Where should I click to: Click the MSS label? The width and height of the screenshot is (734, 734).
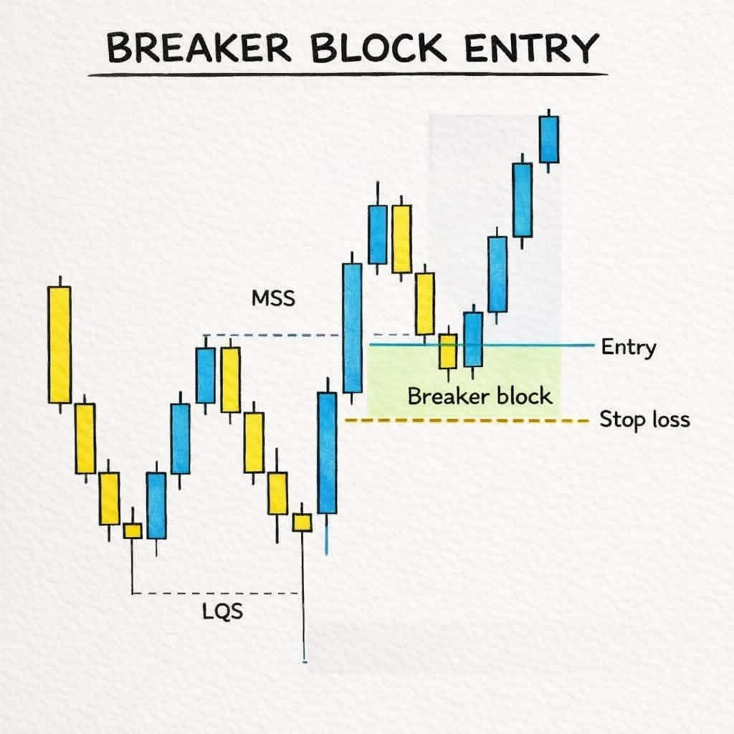coord(273,298)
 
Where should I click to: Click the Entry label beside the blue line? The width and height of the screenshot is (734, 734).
coord(628,348)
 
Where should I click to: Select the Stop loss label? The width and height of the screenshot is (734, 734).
coord(644,419)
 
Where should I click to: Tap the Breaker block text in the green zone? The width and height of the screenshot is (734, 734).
coord(480,396)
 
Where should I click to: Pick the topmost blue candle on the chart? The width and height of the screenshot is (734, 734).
coord(548,138)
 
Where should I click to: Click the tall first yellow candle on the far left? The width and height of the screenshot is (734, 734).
coord(59,344)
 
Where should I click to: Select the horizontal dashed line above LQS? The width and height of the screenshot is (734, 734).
coord(215,593)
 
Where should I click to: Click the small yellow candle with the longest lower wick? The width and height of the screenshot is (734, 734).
coord(302,522)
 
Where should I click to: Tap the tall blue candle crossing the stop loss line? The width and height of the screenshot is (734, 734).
coord(327,452)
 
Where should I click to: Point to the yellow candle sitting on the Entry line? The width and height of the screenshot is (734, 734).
coord(448,351)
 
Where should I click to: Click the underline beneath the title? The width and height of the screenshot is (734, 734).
coord(348,75)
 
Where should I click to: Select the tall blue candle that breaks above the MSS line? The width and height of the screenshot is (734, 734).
coord(352,328)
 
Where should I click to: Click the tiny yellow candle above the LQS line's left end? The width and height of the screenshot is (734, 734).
coord(133,530)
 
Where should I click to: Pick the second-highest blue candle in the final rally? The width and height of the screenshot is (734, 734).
coord(523,199)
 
